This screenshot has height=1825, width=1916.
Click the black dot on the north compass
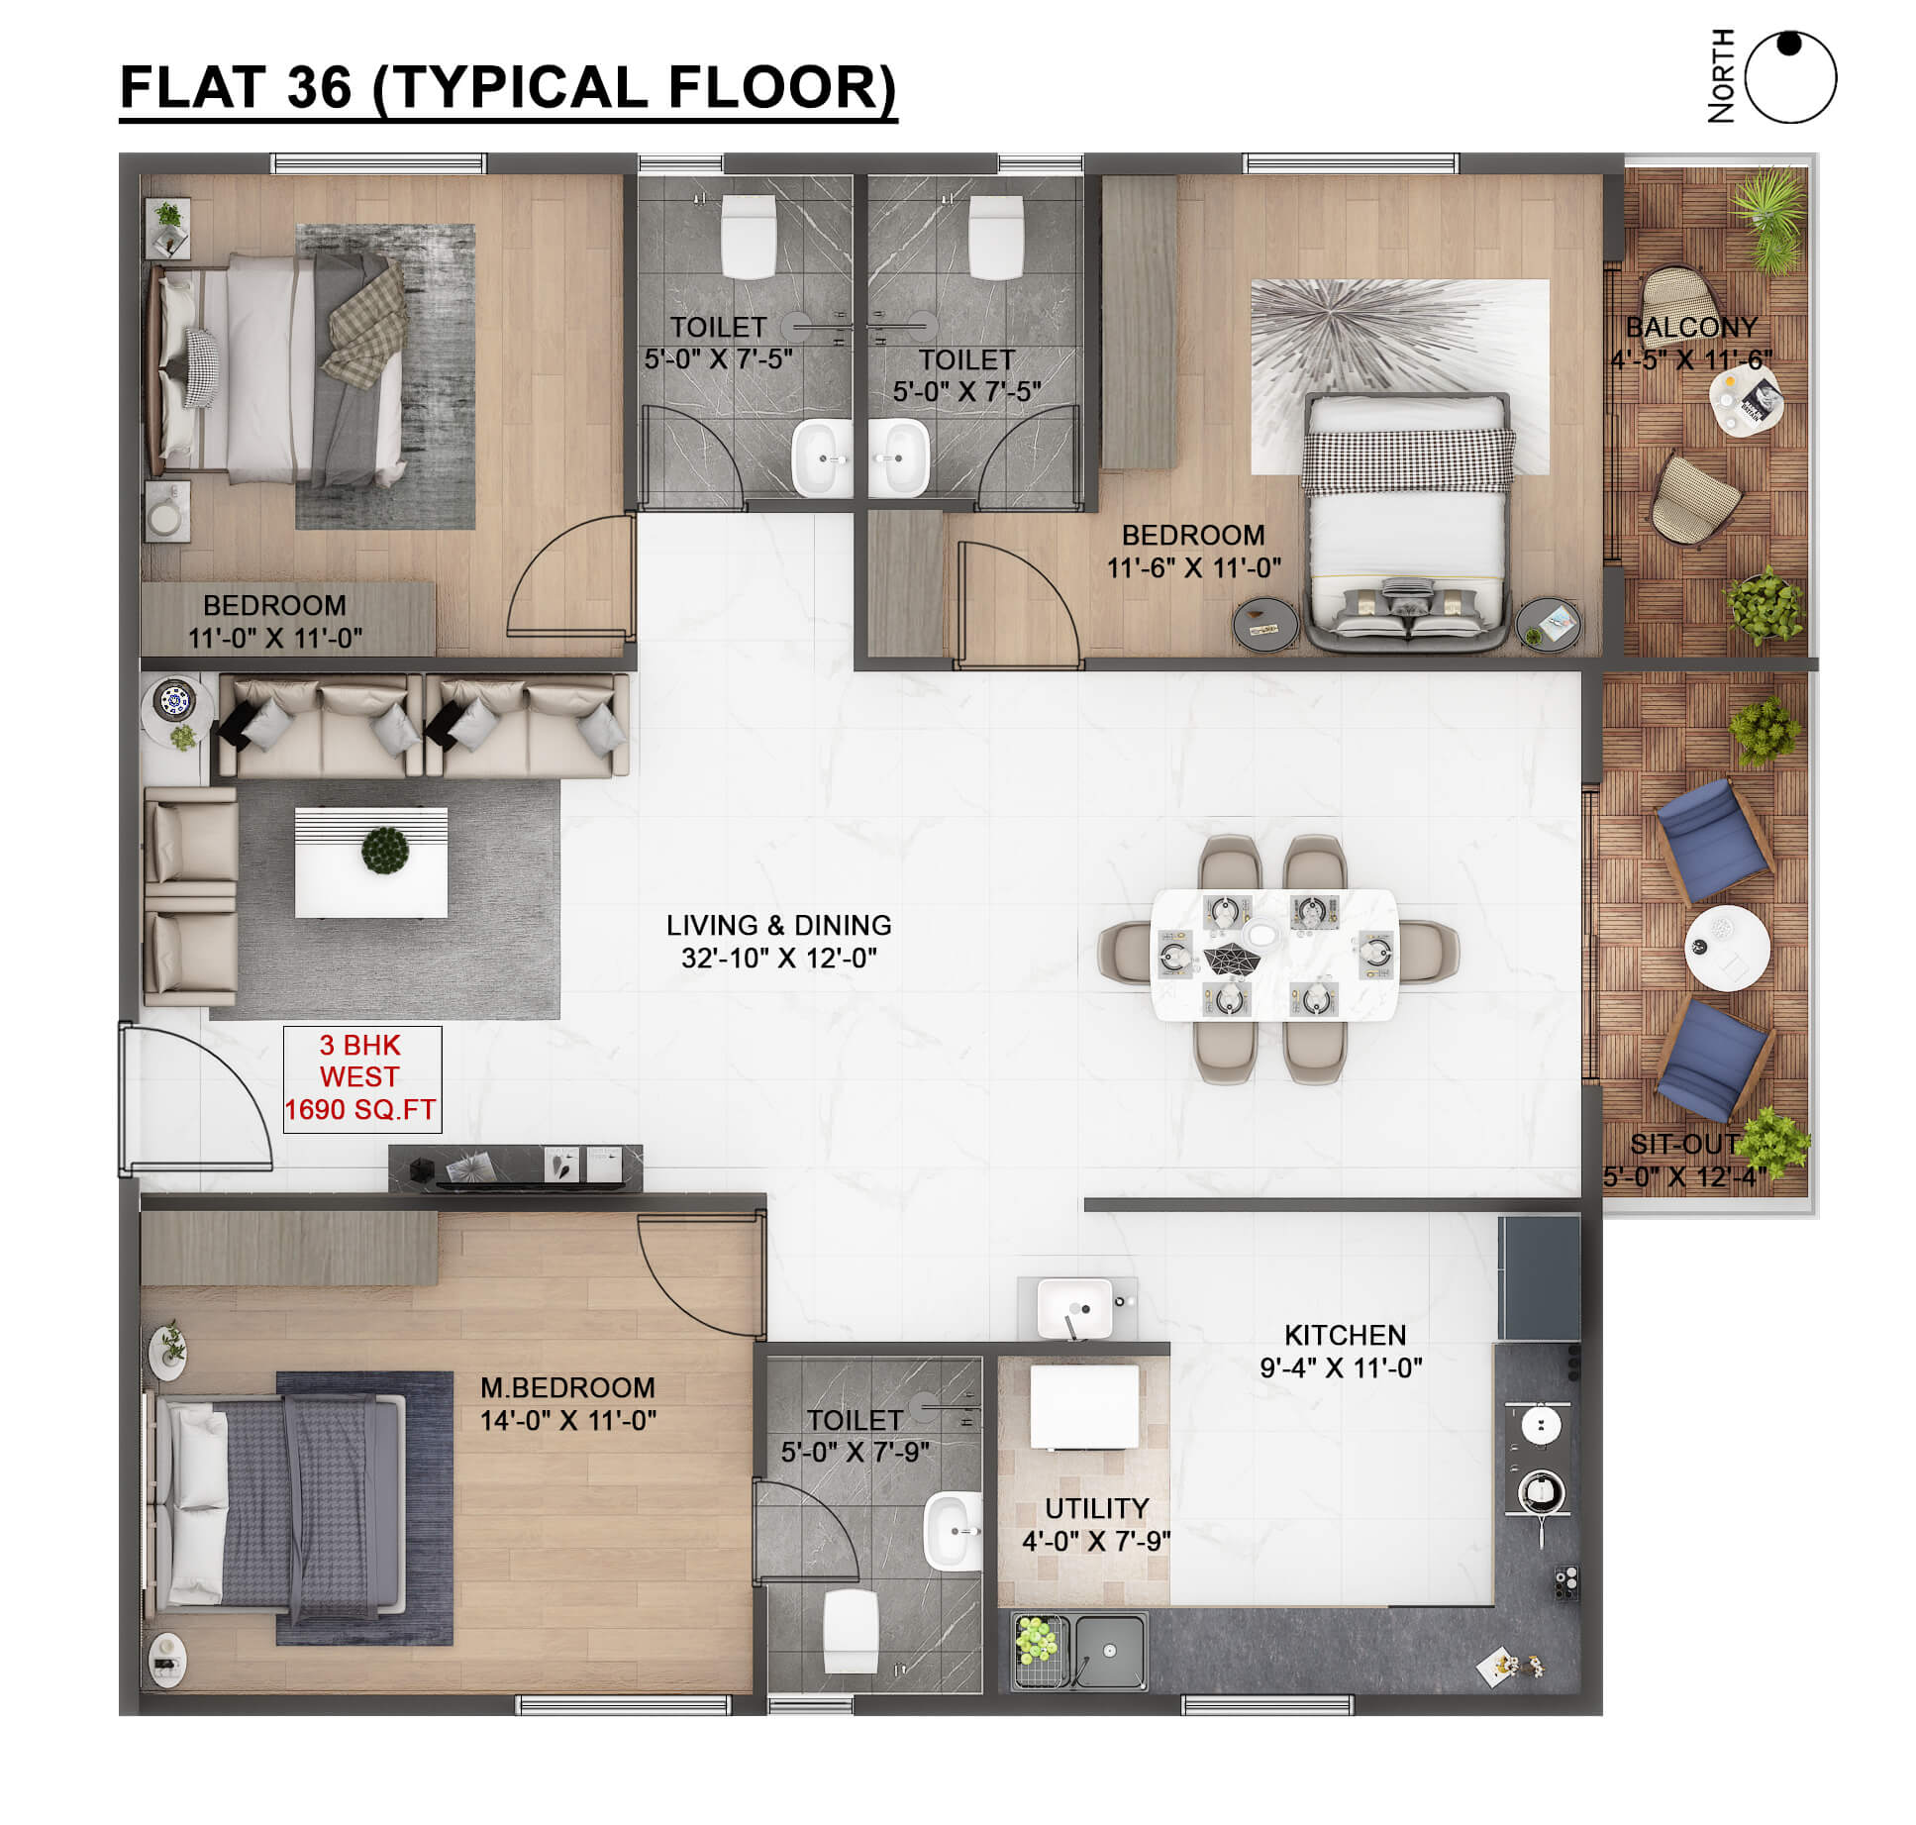(x=1789, y=45)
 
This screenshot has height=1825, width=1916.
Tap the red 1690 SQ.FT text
(x=360, y=1110)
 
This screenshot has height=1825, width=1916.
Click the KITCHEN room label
(x=1345, y=1335)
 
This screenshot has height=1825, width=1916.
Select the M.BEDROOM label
(x=567, y=1387)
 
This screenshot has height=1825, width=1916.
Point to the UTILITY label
(x=1097, y=1508)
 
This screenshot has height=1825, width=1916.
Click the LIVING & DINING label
(x=778, y=925)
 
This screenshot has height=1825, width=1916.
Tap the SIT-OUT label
(x=1684, y=1144)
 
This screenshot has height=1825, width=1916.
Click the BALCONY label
(x=1691, y=327)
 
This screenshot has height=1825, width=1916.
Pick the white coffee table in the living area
(x=371, y=862)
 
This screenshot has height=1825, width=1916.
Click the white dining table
(x=1274, y=955)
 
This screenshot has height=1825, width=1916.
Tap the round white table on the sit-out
(x=1727, y=947)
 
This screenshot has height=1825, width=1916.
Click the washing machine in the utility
(x=1084, y=1407)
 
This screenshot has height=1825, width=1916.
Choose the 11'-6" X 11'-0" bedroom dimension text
(x=1193, y=568)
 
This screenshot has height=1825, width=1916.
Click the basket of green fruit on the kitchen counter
(x=1038, y=1640)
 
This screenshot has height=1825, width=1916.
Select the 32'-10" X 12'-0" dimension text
(x=778, y=958)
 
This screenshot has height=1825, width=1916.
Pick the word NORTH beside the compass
(x=1722, y=76)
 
